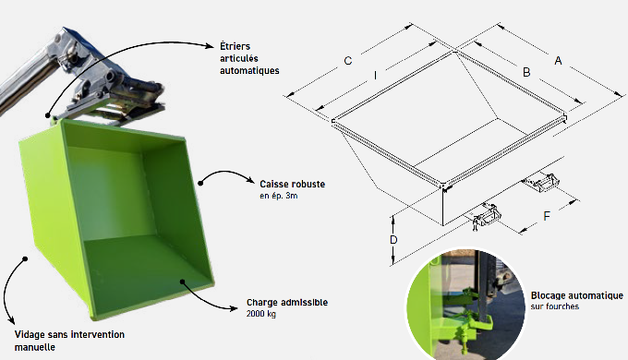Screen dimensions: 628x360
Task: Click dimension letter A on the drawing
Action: coord(558,61)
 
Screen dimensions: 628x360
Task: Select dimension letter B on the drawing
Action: coord(526,73)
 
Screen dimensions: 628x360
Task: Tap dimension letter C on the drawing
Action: coord(348,61)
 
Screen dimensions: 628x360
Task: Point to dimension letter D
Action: coord(393,240)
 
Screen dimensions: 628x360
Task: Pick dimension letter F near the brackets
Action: coord(547,216)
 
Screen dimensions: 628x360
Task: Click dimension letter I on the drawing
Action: coord(375,76)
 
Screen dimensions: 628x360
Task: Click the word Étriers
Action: coord(235,46)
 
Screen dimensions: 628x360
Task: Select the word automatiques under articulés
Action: coord(249,71)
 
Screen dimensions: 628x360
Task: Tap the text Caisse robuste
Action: coord(293,185)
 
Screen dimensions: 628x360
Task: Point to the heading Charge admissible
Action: coord(287,303)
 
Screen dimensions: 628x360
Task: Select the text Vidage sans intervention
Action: coord(69,334)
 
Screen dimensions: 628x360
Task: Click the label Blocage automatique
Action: coord(577,295)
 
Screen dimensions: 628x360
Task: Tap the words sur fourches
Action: coord(555,306)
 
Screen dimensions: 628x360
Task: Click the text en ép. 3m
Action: coord(279,196)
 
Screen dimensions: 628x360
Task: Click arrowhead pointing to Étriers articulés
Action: coord(210,45)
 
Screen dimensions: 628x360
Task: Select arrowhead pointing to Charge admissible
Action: coord(234,308)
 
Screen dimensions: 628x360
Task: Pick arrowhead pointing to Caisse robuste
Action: coord(250,181)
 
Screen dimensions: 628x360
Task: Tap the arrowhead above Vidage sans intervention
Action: coord(12,319)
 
